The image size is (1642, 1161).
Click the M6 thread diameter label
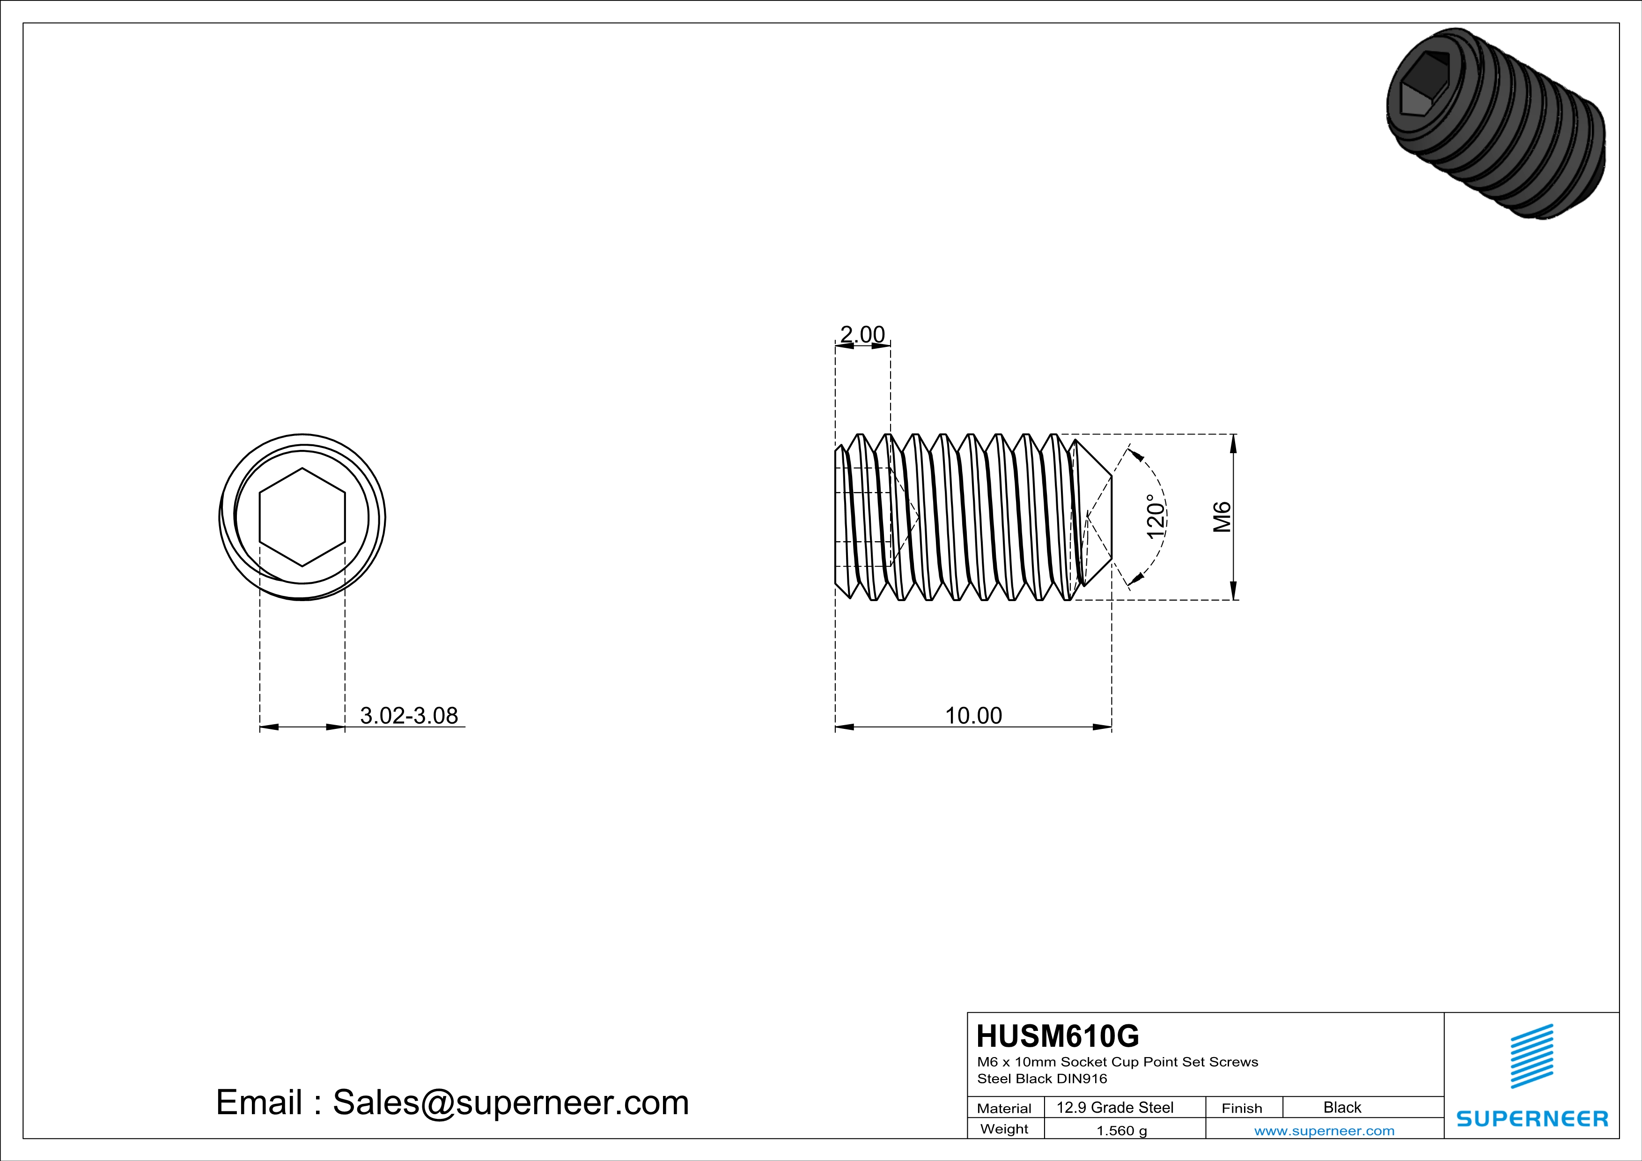(1222, 517)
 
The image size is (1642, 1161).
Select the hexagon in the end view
(302, 517)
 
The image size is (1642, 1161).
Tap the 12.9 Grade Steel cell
(1115, 1107)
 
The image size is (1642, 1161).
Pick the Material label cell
(1004, 1108)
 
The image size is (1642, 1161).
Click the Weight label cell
(1004, 1129)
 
